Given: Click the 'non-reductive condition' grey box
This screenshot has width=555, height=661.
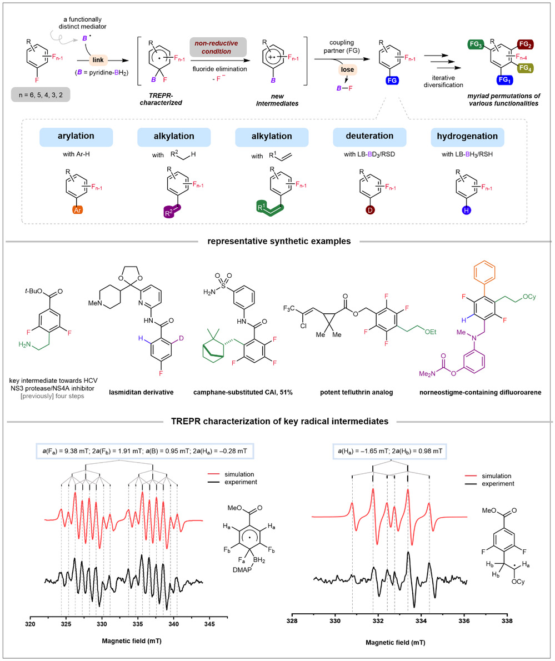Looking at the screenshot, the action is point(216,47).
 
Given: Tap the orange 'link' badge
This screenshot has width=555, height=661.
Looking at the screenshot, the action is point(98,60).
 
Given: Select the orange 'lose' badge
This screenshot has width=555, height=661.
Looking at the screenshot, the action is point(348,69).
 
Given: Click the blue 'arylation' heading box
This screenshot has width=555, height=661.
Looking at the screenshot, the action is point(76,137).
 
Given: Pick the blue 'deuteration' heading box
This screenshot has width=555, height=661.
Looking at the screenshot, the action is point(369,137).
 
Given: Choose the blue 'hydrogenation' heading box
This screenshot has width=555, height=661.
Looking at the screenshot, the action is point(467,137).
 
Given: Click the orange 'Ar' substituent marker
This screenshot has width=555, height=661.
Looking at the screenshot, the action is point(77,209).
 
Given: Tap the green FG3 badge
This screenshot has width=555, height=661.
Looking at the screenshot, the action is point(476,44).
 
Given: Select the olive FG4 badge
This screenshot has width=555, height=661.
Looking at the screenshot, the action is point(526,68).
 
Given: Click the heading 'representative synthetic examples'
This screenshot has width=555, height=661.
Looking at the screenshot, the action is point(279,242).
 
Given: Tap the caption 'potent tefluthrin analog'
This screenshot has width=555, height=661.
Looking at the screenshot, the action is point(356,392).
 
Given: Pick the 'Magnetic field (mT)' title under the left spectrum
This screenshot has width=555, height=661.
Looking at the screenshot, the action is point(132,641).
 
